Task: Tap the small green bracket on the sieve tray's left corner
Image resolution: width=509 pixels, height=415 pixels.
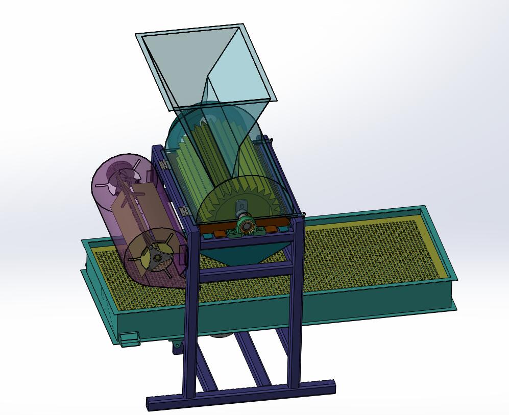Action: [129, 339]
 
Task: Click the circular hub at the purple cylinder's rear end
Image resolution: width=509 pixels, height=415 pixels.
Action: [123, 171]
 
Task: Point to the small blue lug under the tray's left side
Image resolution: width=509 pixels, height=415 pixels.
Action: [177, 347]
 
